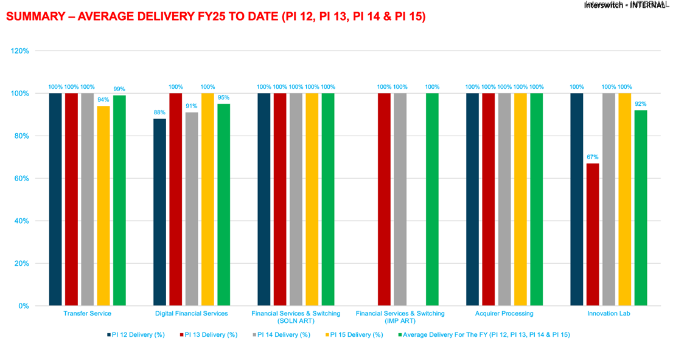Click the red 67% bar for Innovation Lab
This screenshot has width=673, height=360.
[x=592, y=234]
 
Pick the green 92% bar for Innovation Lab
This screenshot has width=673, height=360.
[x=640, y=207]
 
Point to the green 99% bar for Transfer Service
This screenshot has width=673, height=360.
[x=119, y=200]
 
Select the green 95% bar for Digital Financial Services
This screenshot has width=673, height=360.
[x=223, y=204]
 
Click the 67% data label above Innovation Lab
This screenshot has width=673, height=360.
[x=592, y=157]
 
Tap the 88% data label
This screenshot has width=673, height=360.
[x=159, y=112]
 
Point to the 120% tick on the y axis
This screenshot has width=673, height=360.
[x=20, y=51]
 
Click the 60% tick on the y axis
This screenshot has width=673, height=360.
[x=21, y=178]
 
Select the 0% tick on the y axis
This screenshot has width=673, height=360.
[x=23, y=306]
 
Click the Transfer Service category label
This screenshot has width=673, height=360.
[x=87, y=314]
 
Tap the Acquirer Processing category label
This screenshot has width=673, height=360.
[x=504, y=314]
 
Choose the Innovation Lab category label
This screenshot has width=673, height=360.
[x=608, y=314]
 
